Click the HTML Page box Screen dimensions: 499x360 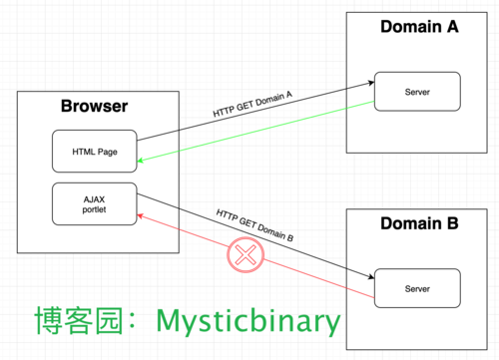point(95,151)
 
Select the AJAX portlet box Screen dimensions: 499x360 point(95,203)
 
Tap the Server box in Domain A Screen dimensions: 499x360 point(417,92)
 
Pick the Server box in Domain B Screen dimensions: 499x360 point(417,288)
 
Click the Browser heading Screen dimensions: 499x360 point(94,106)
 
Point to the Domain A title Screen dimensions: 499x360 point(419,27)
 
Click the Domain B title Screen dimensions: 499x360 point(419,223)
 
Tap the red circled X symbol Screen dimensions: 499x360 point(246,255)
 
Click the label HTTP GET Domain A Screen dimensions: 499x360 point(252,104)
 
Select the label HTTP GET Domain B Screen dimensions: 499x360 point(254,225)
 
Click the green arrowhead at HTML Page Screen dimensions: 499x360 point(140,161)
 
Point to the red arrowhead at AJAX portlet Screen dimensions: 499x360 point(140,216)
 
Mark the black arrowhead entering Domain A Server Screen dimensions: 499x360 point(371,83)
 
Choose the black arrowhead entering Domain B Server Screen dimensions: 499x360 point(371,276)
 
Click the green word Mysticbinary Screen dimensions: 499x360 point(249,321)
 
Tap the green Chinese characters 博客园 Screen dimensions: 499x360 point(79,320)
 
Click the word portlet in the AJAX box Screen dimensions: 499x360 point(94,209)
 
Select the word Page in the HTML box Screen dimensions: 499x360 point(108,152)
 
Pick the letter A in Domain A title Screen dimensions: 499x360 point(452,27)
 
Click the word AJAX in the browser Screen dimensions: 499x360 point(94,199)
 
